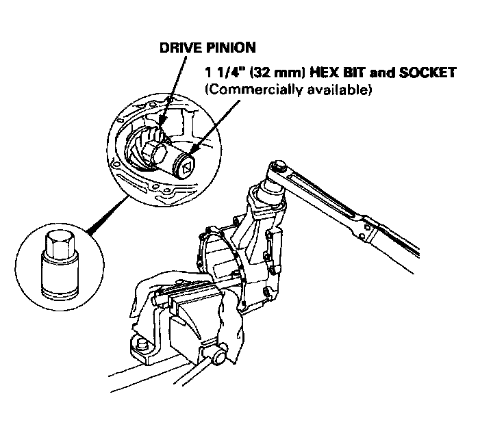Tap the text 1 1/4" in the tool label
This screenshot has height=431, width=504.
click(222, 72)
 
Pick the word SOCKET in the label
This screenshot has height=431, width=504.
click(418, 72)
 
